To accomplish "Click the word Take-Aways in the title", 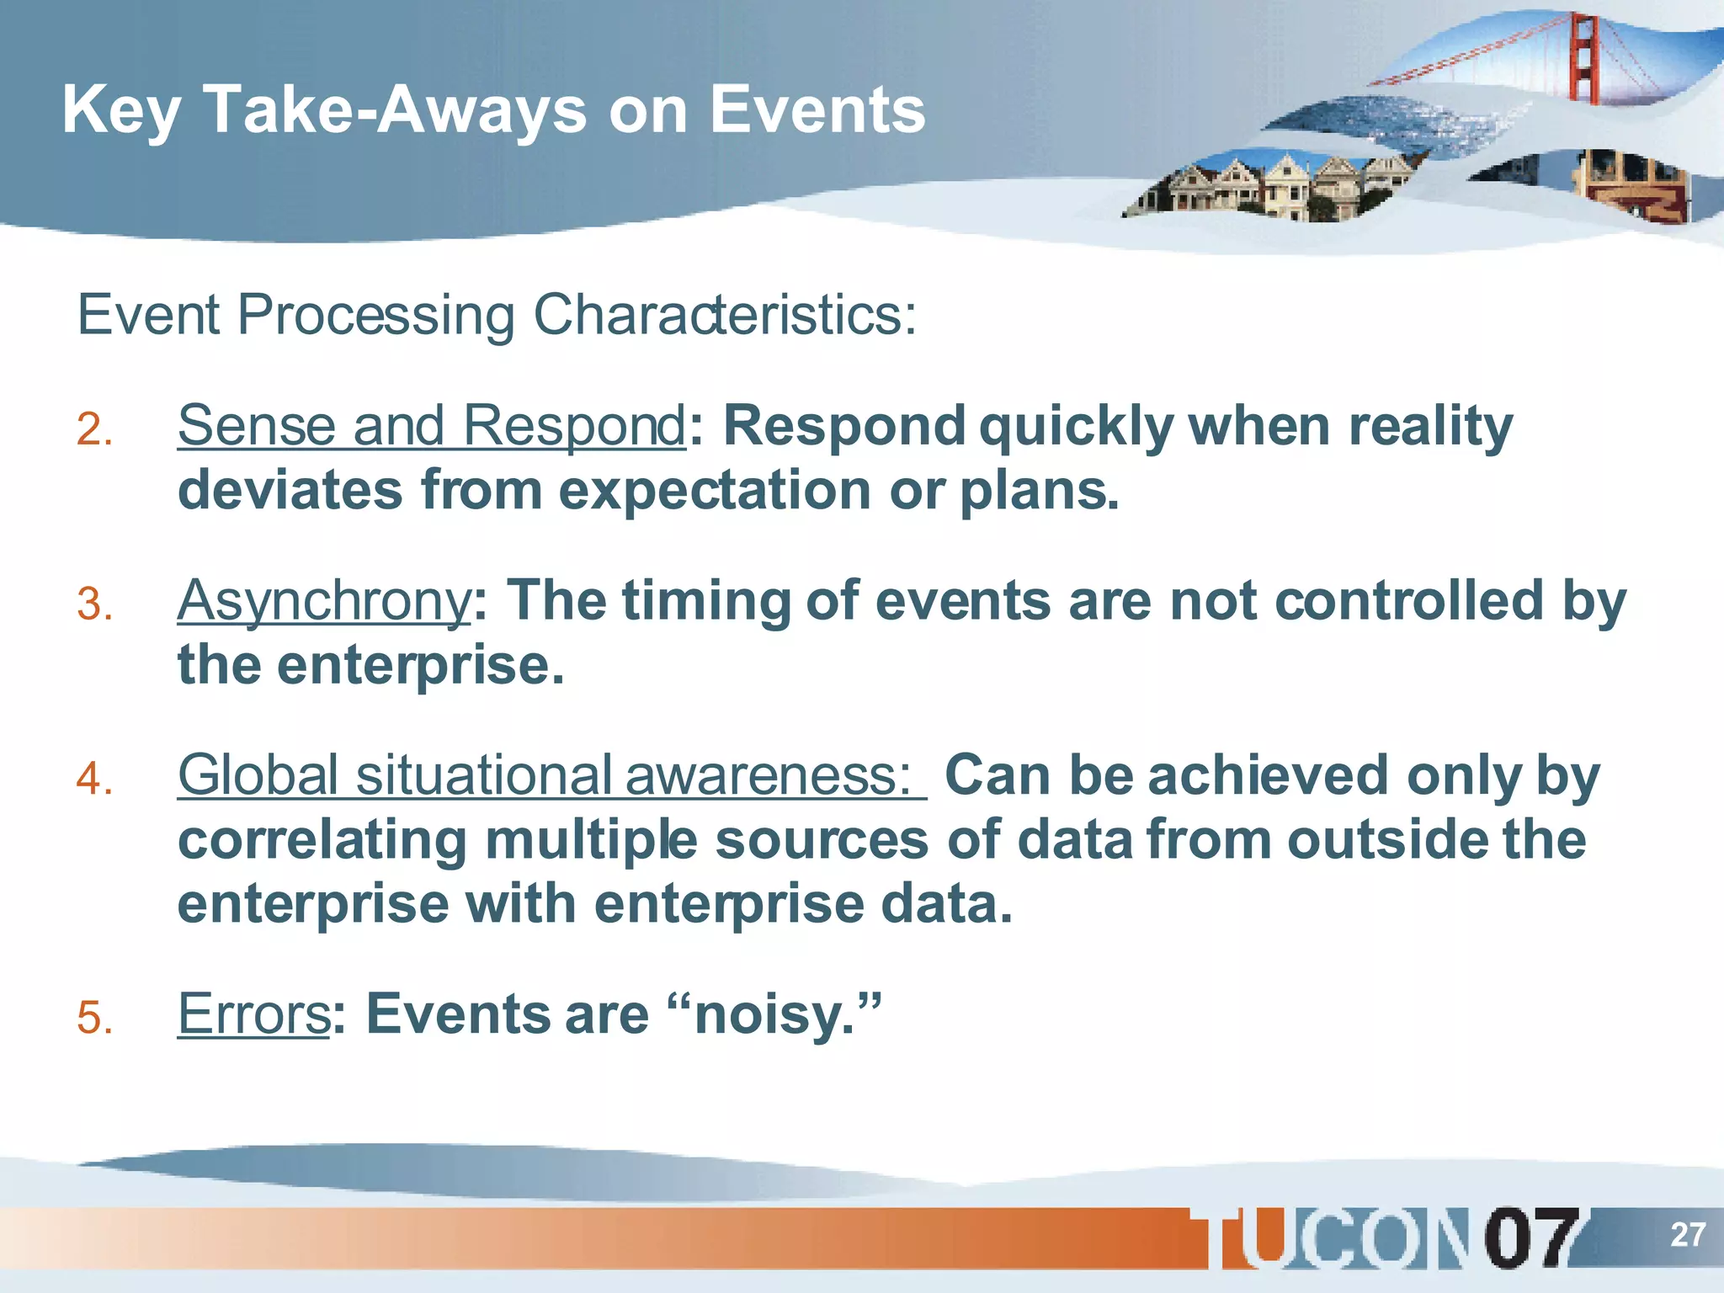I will click(395, 109).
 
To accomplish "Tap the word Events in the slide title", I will click(817, 109).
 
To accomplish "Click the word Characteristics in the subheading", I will click(724, 315).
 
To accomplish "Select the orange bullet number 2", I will click(94, 429).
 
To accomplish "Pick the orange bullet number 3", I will click(94, 604).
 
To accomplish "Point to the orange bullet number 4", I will click(94, 779).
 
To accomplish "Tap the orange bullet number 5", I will click(94, 1017).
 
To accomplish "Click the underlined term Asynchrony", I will click(323, 601).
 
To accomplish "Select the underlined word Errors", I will click(253, 1014).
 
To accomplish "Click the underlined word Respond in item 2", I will click(574, 426).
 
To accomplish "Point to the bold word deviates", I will click(290, 490).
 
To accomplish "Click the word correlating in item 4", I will click(322, 840).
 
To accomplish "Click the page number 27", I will click(1687, 1235).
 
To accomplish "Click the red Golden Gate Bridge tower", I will click(1584, 59).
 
